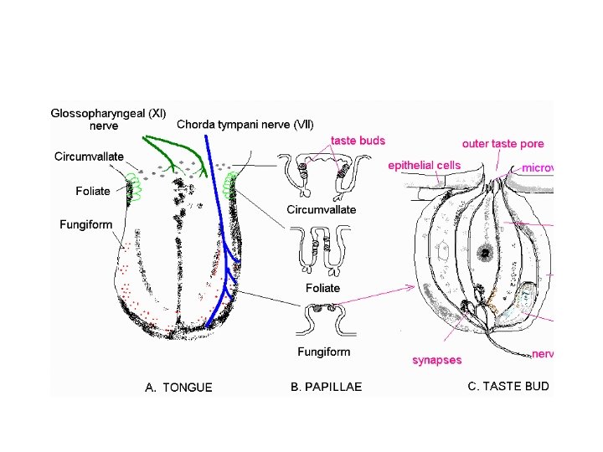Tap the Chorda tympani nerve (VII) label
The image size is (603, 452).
[x=245, y=125]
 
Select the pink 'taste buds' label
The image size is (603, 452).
[x=358, y=141]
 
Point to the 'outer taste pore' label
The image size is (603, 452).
[x=502, y=144]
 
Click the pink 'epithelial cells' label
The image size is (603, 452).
[x=424, y=166]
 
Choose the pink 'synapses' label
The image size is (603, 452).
[x=436, y=360]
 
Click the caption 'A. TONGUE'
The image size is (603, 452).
[x=178, y=387]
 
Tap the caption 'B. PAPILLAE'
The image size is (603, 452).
[x=326, y=387]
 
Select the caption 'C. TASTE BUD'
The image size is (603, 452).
[x=508, y=386]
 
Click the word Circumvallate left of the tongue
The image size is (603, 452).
[x=89, y=157]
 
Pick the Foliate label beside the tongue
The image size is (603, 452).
[x=93, y=191]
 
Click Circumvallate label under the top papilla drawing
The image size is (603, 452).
[x=322, y=209]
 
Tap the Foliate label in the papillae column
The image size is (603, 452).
[x=322, y=288]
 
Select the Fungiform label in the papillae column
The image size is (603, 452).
[x=323, y=352]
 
